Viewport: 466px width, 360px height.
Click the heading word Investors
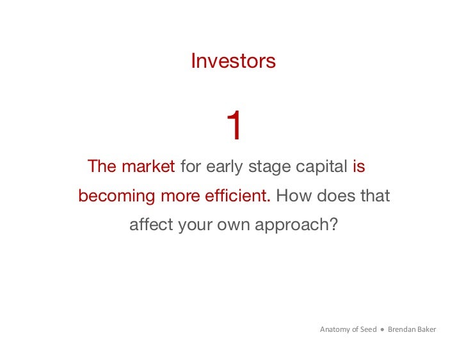[233, 61]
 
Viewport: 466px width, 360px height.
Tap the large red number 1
[234, 126]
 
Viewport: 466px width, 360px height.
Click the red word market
[148, 167]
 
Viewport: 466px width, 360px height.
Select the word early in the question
[225, 167]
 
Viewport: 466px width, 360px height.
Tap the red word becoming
[116, 196]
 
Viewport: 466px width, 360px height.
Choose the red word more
[180, 196]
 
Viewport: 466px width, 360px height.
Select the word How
[293, 196]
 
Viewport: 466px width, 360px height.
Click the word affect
[150, 225]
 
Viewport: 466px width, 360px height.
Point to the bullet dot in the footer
[382, 330]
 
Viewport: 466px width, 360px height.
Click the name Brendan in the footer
[402, 330]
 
